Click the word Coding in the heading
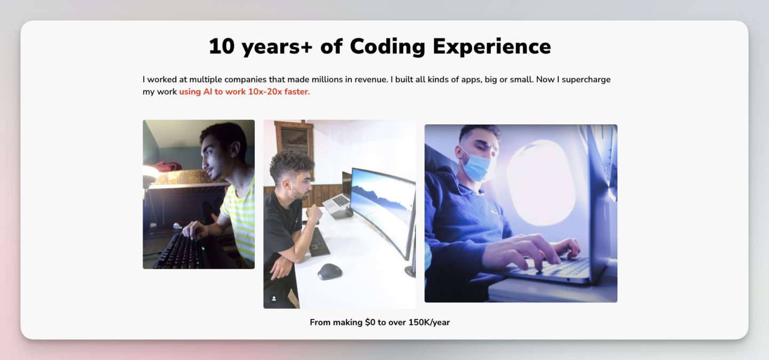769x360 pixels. tap(388, 46)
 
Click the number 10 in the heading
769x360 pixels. tap(222, 46)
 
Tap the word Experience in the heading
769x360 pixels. tap(492, 46)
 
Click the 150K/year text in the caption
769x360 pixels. tap(429, 323)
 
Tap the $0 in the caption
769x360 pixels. tap(370, 322)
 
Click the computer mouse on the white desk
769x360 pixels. tap(329, 271)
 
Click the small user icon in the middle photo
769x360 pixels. tap(274, 299)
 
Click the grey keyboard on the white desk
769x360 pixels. tap(319, 242)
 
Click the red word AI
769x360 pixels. tap(208, 92)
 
